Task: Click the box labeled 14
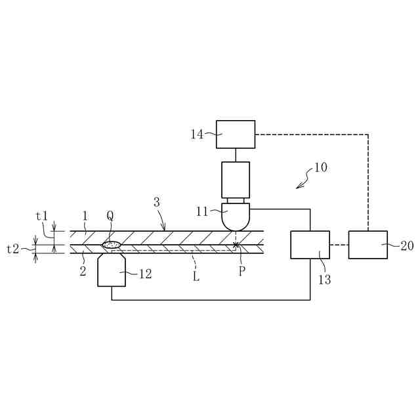tap(235, 134)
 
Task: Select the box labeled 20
tap(367, 245)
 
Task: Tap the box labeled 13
tap(310, 245)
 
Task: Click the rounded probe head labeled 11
tap(236, 216)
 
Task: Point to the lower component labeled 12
tap(112, 271)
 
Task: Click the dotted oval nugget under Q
tap(112, 245)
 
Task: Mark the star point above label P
tap(236, 245)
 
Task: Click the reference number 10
tap(320, 167)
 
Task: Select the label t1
tap(42, 216)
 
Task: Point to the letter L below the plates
tap(196, 276)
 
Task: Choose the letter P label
tap(241, 271)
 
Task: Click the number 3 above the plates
tap(156, 203)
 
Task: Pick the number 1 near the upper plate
tap(85, 216)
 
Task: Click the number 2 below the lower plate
tap(83, 270)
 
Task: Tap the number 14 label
tap(197, 135)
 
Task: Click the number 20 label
tap(407, 246)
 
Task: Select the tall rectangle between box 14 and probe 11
tap(236, 180)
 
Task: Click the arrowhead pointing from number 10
tap(298, 187)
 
